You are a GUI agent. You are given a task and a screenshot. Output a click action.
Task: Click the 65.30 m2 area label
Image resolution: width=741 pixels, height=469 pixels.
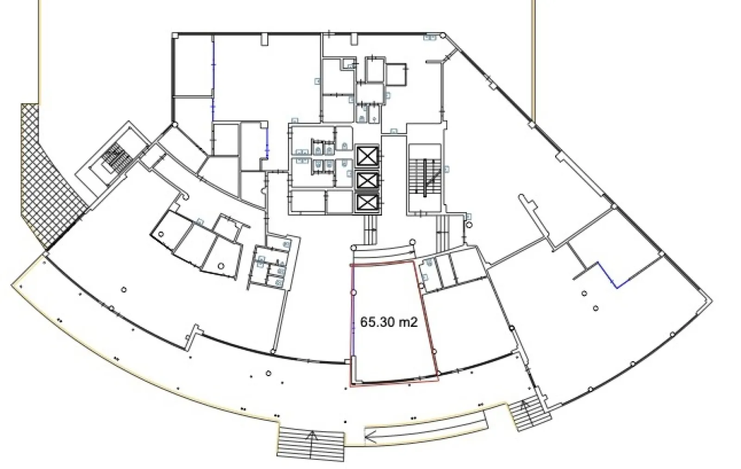389,322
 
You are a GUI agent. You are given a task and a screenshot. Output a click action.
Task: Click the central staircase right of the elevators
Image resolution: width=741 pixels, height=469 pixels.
425,178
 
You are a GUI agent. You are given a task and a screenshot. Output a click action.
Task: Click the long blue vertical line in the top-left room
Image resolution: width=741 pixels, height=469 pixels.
213,78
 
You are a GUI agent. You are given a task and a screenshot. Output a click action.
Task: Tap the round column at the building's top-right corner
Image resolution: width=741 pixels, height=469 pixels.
443,35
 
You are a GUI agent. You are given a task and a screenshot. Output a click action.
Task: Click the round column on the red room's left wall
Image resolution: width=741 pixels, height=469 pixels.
353,293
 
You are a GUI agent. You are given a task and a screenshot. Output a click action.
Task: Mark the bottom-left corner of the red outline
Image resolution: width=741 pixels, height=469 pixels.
351,386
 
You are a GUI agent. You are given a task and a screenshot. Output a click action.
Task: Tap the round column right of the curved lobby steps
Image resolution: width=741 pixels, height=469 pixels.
412,242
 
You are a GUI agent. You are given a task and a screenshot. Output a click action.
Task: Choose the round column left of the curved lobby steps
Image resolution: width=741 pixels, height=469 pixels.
354,247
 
